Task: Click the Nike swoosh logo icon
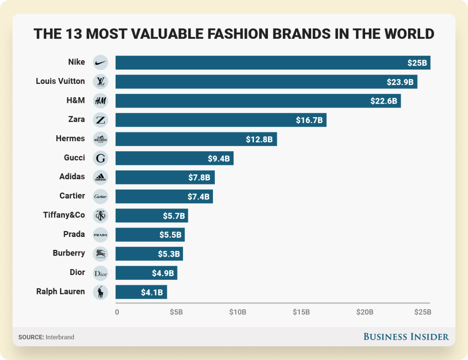[101, 63]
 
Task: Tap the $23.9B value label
[400, 82]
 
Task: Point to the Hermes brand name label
[70, 139]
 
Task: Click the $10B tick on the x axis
[238, 312]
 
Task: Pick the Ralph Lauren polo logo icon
[101, 292]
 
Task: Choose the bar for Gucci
[174, 158]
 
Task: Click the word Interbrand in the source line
[60, 337]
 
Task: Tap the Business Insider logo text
[406, 336]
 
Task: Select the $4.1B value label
[152, 292]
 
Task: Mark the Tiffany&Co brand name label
[64, 215]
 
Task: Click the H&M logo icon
[101, 101]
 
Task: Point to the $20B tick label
[365, 312]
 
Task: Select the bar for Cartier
[164, 196]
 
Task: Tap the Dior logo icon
[101, 273]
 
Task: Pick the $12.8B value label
[259, 139]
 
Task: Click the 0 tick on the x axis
[117, 312]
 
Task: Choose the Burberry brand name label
[69, 253]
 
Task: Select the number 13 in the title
[72, 33]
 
